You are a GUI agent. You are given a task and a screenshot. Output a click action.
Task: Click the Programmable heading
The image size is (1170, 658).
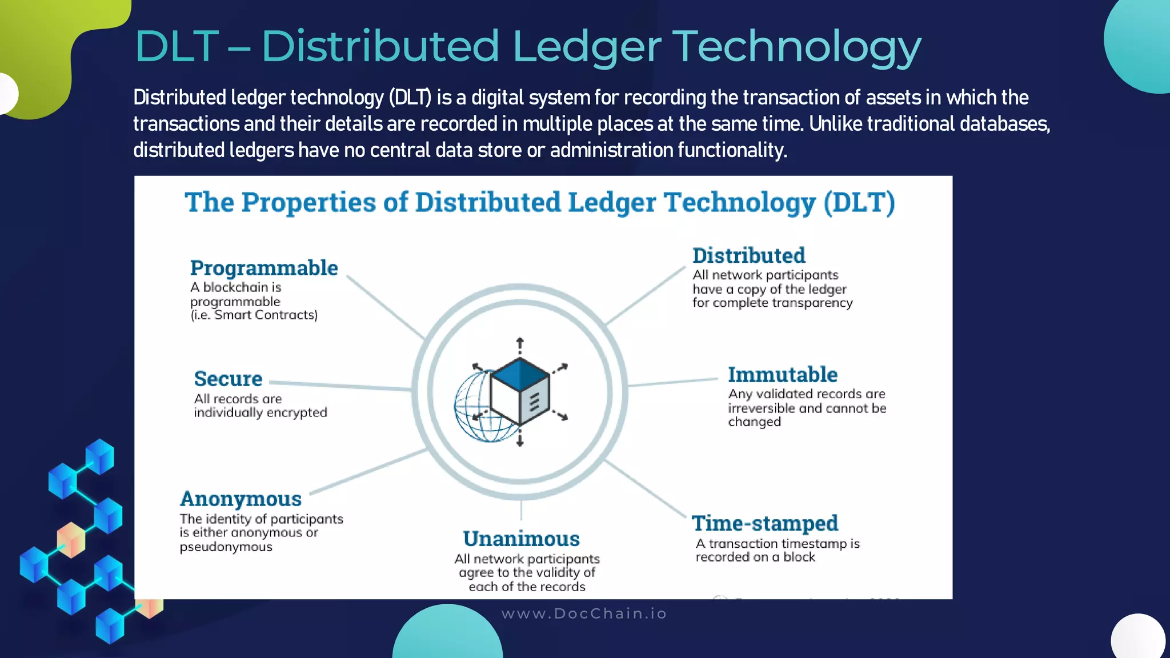tap(263, 268)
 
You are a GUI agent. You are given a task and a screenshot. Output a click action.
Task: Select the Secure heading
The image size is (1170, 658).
tap(228, 379)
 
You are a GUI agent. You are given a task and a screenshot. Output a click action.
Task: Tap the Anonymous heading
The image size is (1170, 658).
tap(241, 499)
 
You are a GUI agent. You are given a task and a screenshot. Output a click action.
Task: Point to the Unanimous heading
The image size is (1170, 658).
tap(521, 539)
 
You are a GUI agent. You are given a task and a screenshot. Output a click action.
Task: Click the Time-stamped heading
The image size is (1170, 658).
tap(765, 523)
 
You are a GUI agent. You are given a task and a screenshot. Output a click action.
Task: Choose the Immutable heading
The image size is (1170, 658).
tap(782, 375)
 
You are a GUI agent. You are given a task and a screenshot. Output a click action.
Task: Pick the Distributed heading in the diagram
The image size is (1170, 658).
tap(748, 255)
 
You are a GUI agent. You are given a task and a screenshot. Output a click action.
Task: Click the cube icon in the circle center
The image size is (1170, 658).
tap(520, 391)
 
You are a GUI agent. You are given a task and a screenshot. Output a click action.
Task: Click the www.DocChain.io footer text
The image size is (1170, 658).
tap(584, 613)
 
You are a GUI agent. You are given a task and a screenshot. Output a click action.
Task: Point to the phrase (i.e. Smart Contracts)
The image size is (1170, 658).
tap(254, 315)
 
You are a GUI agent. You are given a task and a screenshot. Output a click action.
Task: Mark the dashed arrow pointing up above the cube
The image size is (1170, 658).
tap(520, 346)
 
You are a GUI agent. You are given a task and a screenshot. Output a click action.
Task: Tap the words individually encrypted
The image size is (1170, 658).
tap(261, 412)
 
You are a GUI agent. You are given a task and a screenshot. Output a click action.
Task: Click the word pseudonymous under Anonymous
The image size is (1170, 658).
tap(226, 547)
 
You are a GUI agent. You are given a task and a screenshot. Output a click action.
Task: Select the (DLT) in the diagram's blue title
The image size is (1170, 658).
tap(859, 202)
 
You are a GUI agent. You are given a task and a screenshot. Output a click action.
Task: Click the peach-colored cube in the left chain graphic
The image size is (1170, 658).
tap(71, 539)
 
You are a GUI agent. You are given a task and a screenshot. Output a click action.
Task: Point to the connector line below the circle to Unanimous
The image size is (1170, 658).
tap(521, 509)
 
